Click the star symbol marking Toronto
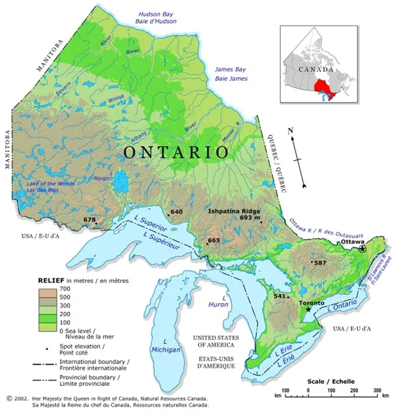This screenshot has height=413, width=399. coord(308,309)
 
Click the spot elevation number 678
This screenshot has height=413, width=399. coord(89,219)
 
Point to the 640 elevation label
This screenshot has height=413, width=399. coord(177,212)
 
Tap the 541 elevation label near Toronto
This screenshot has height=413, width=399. coord(280,296)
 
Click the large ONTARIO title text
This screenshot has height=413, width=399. coord(175,152)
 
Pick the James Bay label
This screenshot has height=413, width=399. coord(231,69)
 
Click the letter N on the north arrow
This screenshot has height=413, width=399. coord(290,131)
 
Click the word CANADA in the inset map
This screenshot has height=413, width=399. coord(316,69)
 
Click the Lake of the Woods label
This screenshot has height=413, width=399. coord(50,184)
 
